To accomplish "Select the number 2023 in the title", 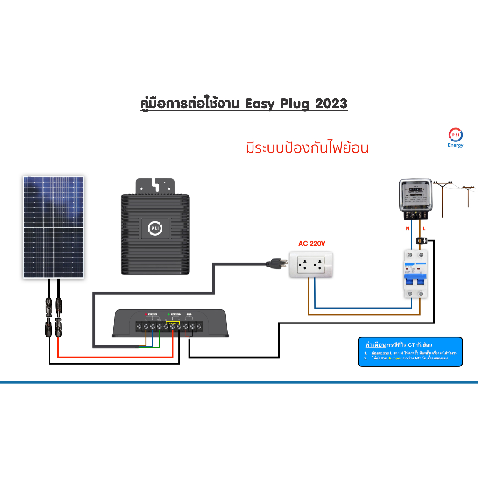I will point(331,103).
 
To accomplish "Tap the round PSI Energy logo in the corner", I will point(455,134).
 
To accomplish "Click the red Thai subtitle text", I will point(307,148).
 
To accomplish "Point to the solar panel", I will point(54,227).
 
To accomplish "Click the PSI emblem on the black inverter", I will point(155,228).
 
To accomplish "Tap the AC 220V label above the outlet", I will point(311,243).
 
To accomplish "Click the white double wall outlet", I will point(310,265).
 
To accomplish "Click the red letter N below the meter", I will point(407,229).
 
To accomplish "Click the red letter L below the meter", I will point(424,229).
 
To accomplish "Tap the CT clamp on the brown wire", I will point(422,241).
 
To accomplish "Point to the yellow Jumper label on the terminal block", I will point(173,322).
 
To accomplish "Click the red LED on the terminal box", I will point(146,314).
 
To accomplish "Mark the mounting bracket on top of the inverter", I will point(155,186).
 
